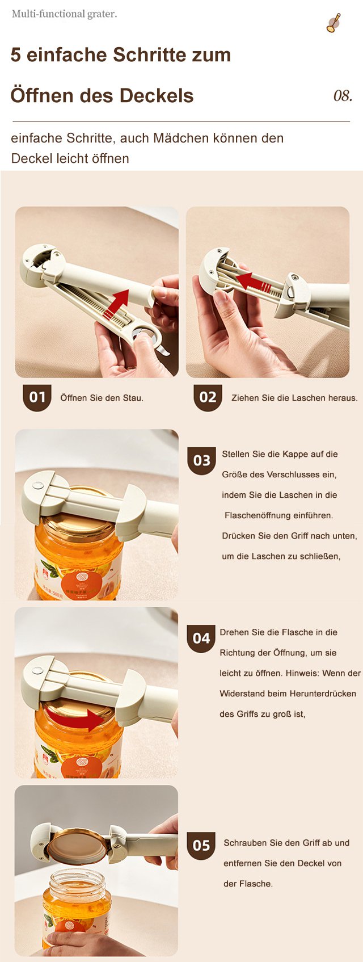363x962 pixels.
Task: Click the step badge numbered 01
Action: click(37, 397)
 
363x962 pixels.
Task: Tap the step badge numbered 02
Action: click(208, 397)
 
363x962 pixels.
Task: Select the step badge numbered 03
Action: click(202, 461)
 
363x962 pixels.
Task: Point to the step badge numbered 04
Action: click(201, 638)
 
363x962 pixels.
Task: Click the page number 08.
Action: click(343, 95)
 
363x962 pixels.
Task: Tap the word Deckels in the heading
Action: click(157, 95)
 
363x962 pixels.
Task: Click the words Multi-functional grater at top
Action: click(64, 14)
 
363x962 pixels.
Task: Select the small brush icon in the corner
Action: click(334, 23)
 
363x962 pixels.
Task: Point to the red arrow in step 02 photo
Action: click(254, 281)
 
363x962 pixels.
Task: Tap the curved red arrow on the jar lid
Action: click(75, 718)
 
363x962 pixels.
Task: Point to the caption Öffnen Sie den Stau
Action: click(102, 398)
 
